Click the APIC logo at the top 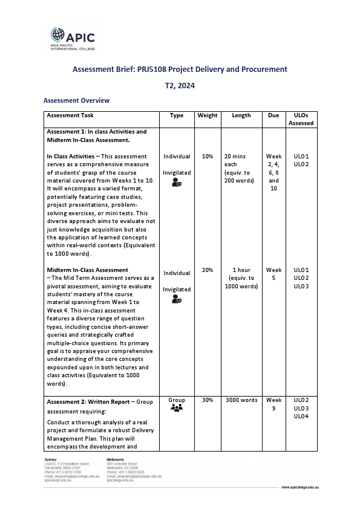pos(72,36)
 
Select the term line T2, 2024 pos(180,86)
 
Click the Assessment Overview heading pos(76,100)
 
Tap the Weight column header pos(208,115)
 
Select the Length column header pos(241,115)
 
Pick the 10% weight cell pos(208,157)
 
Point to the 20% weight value pos(208,270)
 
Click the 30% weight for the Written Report pos(208,400)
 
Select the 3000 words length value pos(241,400)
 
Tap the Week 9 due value pos(274,404)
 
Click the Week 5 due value pos(274,274)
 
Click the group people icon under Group pos(177,409)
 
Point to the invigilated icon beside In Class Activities pos(177,183)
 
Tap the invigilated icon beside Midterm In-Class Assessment pos(177,299)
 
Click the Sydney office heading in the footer pos(51,460)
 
